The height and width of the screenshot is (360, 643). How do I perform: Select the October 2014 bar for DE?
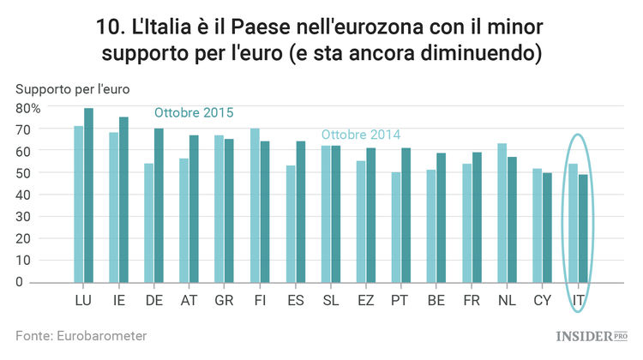pos(149,223)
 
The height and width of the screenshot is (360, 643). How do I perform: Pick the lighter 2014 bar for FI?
pos(255,206)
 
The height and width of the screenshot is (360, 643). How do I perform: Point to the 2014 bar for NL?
pos(502,213)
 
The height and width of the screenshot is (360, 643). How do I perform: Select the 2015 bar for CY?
pos(547,227)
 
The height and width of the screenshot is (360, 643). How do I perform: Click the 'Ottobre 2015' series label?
pos(194,113)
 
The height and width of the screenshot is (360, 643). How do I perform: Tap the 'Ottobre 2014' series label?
pos(360,135)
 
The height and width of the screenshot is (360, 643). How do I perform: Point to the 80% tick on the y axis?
pos(27,108)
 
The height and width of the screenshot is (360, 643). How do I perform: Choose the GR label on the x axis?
pos(225,300)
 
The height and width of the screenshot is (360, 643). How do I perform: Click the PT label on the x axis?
pos(400,300)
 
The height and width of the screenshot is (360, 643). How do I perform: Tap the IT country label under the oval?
pos(579,300)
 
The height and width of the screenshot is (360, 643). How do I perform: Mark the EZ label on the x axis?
pos(365,300)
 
